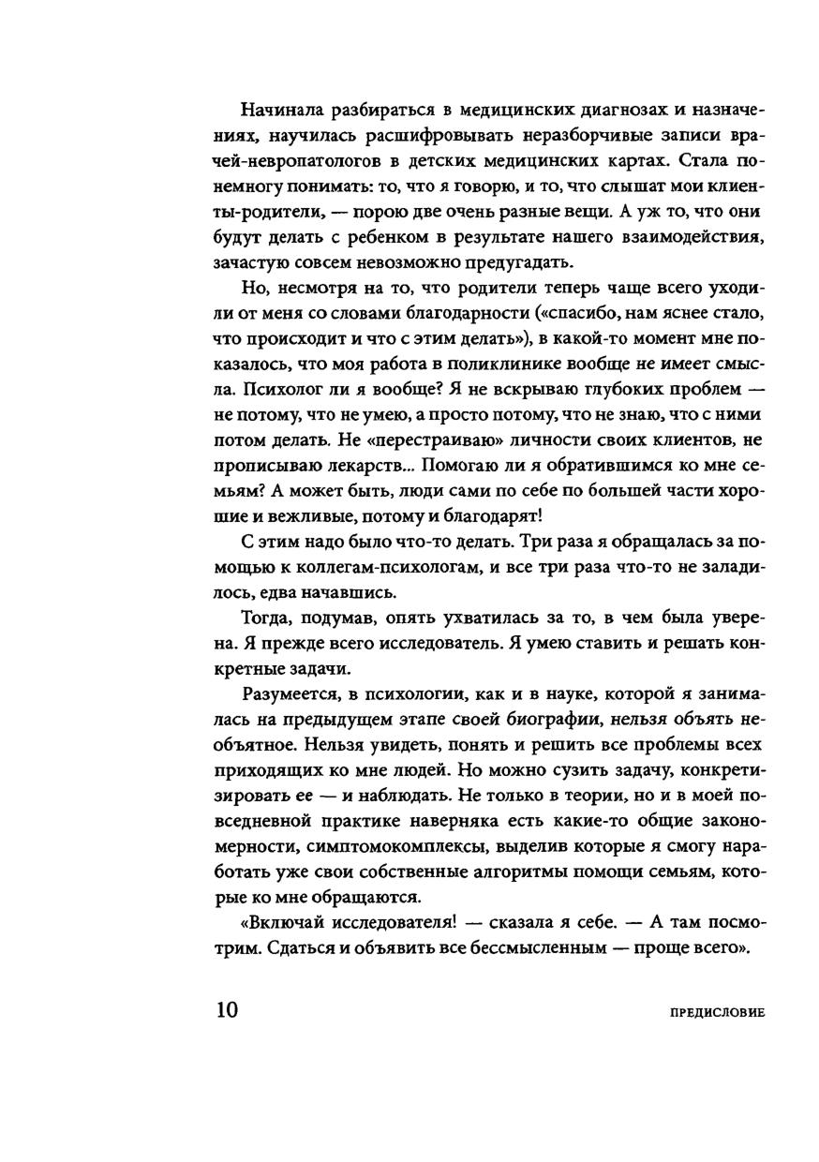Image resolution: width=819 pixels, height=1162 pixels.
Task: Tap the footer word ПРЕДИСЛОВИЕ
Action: (719, 1013)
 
